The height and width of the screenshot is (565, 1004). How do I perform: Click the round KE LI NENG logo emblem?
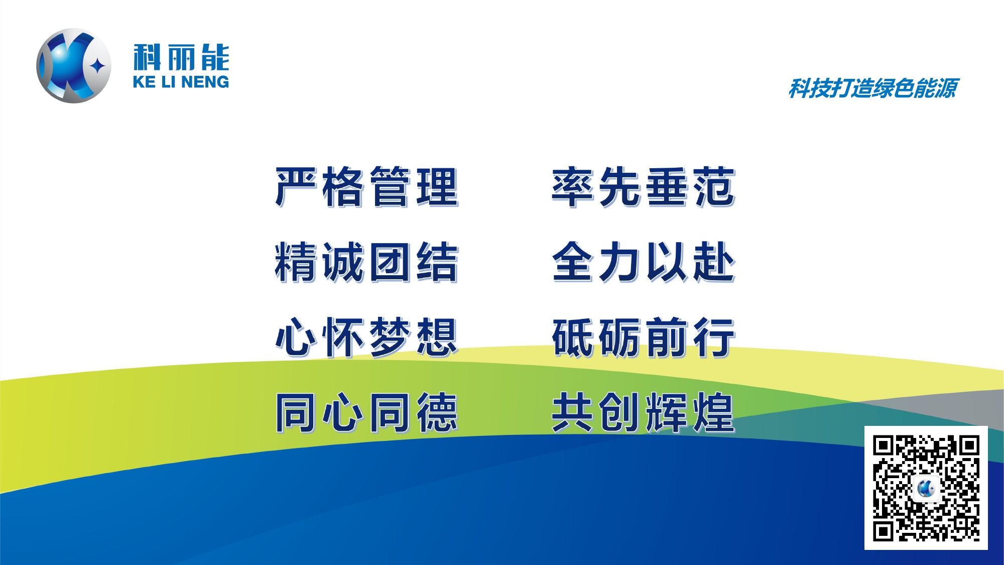[74, 66]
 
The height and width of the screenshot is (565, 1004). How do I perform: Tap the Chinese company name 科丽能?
[181, 57]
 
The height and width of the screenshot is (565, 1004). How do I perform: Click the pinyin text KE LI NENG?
[181, 82]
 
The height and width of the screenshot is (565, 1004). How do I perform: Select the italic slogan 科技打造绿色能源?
[873, 89]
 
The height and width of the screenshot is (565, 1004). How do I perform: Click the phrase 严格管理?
[367, 187]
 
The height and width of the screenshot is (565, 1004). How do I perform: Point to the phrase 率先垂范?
[644, 187]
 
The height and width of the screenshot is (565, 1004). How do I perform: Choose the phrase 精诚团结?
[367, 262]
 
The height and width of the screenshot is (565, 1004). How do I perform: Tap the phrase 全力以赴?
[644, 262]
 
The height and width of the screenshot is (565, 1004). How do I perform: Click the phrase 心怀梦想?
[367, 337]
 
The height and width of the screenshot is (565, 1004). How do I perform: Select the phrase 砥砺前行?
[644, 337]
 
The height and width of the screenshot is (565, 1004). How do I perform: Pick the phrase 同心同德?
[367, 413]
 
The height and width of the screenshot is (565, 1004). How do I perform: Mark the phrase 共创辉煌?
[644, 413]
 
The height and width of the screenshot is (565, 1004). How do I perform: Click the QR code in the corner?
[926, 488]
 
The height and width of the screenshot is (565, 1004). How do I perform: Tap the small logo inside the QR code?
[926, 488]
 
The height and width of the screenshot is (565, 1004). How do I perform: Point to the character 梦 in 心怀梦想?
[390, 337]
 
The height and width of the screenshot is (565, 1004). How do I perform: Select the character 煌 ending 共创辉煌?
[714, 413]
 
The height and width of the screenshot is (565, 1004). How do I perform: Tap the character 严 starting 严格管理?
[296, 187]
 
